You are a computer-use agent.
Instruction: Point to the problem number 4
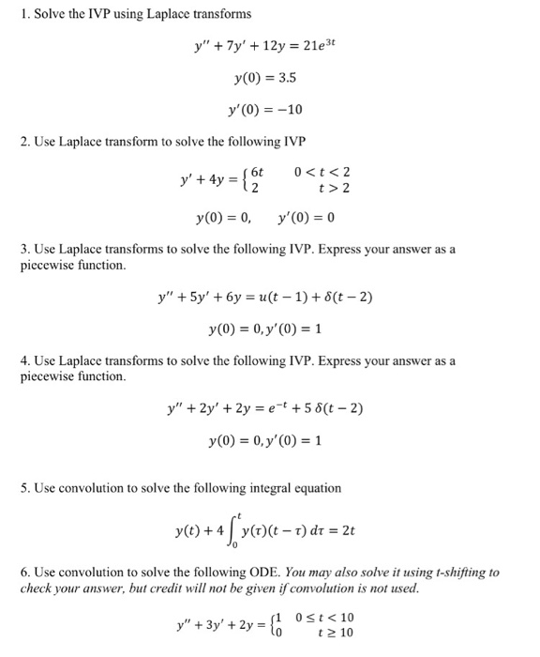point(24,361)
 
